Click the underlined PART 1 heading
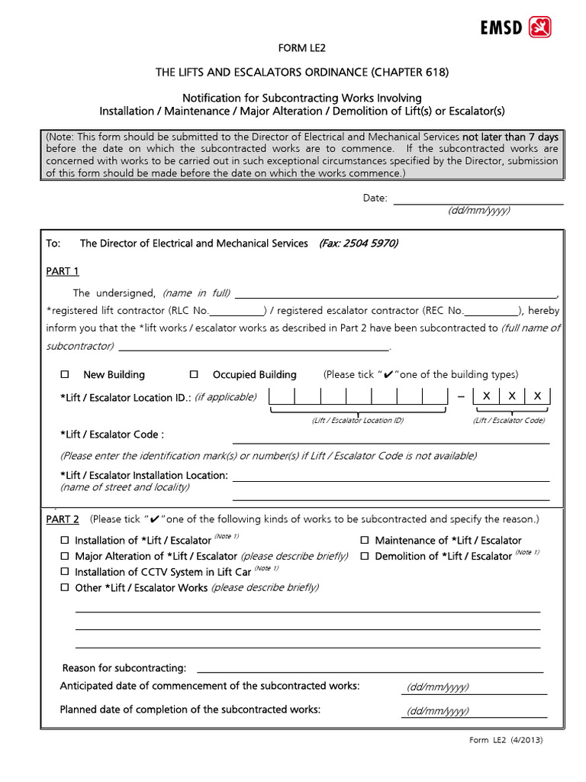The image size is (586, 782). [x=63, y=271]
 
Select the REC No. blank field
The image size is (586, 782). [x=491, y=311]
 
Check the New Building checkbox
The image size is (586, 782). [x=65, y=374]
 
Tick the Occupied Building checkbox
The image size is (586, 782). [x=194, y=374]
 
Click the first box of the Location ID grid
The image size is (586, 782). [x=282, y=396]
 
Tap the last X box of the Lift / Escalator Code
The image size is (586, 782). [x=537, y=396]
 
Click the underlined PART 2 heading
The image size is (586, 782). [x=63, y=519]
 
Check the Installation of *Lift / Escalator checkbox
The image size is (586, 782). [x=65, y=540]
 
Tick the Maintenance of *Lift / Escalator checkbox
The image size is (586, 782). [x=365, y=540]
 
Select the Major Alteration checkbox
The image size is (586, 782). [x=65, y=556]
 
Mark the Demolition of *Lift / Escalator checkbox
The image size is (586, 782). [x=365, y=556]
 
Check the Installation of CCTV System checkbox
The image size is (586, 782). [x=65, y=572]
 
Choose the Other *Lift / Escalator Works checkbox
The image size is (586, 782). [x=65, y=587]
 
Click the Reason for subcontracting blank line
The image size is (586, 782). [x=370, y=668]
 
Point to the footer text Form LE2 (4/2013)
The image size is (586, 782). [x=506, y=740]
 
